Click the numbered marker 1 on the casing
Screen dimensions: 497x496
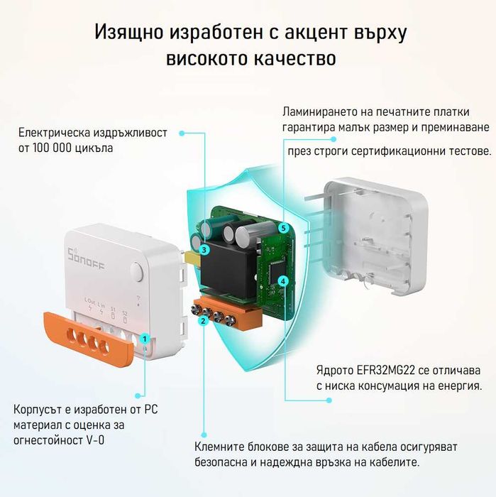[x=144, y=339]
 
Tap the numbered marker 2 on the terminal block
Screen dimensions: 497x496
[x=203, y=321]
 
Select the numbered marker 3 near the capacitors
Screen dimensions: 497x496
[x=204, y=249]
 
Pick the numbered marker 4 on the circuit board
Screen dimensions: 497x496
[x=283, y=281]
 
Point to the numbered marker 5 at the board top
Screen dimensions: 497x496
[x=283, y=228]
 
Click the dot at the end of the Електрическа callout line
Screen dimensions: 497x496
[x=182, y=133]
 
